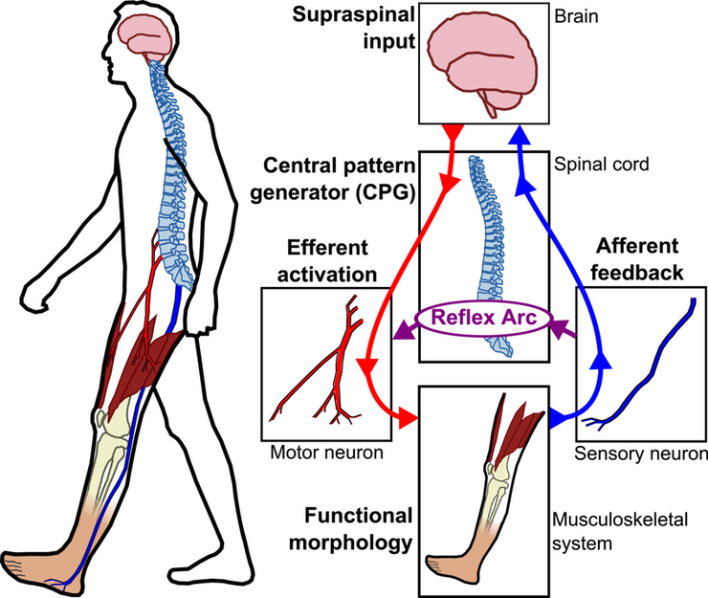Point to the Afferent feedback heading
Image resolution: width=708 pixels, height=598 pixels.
tap(638, 257)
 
